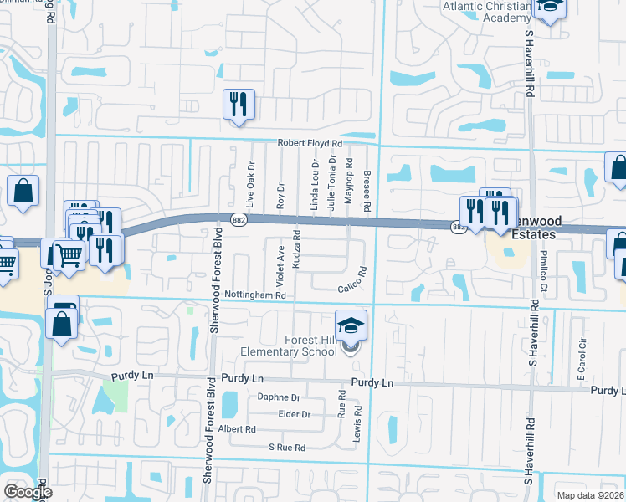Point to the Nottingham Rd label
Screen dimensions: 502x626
[256, 295]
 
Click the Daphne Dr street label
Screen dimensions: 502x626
[279, 397]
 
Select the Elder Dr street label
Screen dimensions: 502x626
[295, 414]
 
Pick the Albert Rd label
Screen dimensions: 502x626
[235, 428]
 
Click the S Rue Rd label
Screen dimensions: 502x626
[287, 448]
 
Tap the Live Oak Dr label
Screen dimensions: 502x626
[250, 185]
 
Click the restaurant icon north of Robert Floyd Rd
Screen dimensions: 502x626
[239, 105]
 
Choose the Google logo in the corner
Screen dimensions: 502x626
[28, 492]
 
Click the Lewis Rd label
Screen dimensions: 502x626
[357, 423]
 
